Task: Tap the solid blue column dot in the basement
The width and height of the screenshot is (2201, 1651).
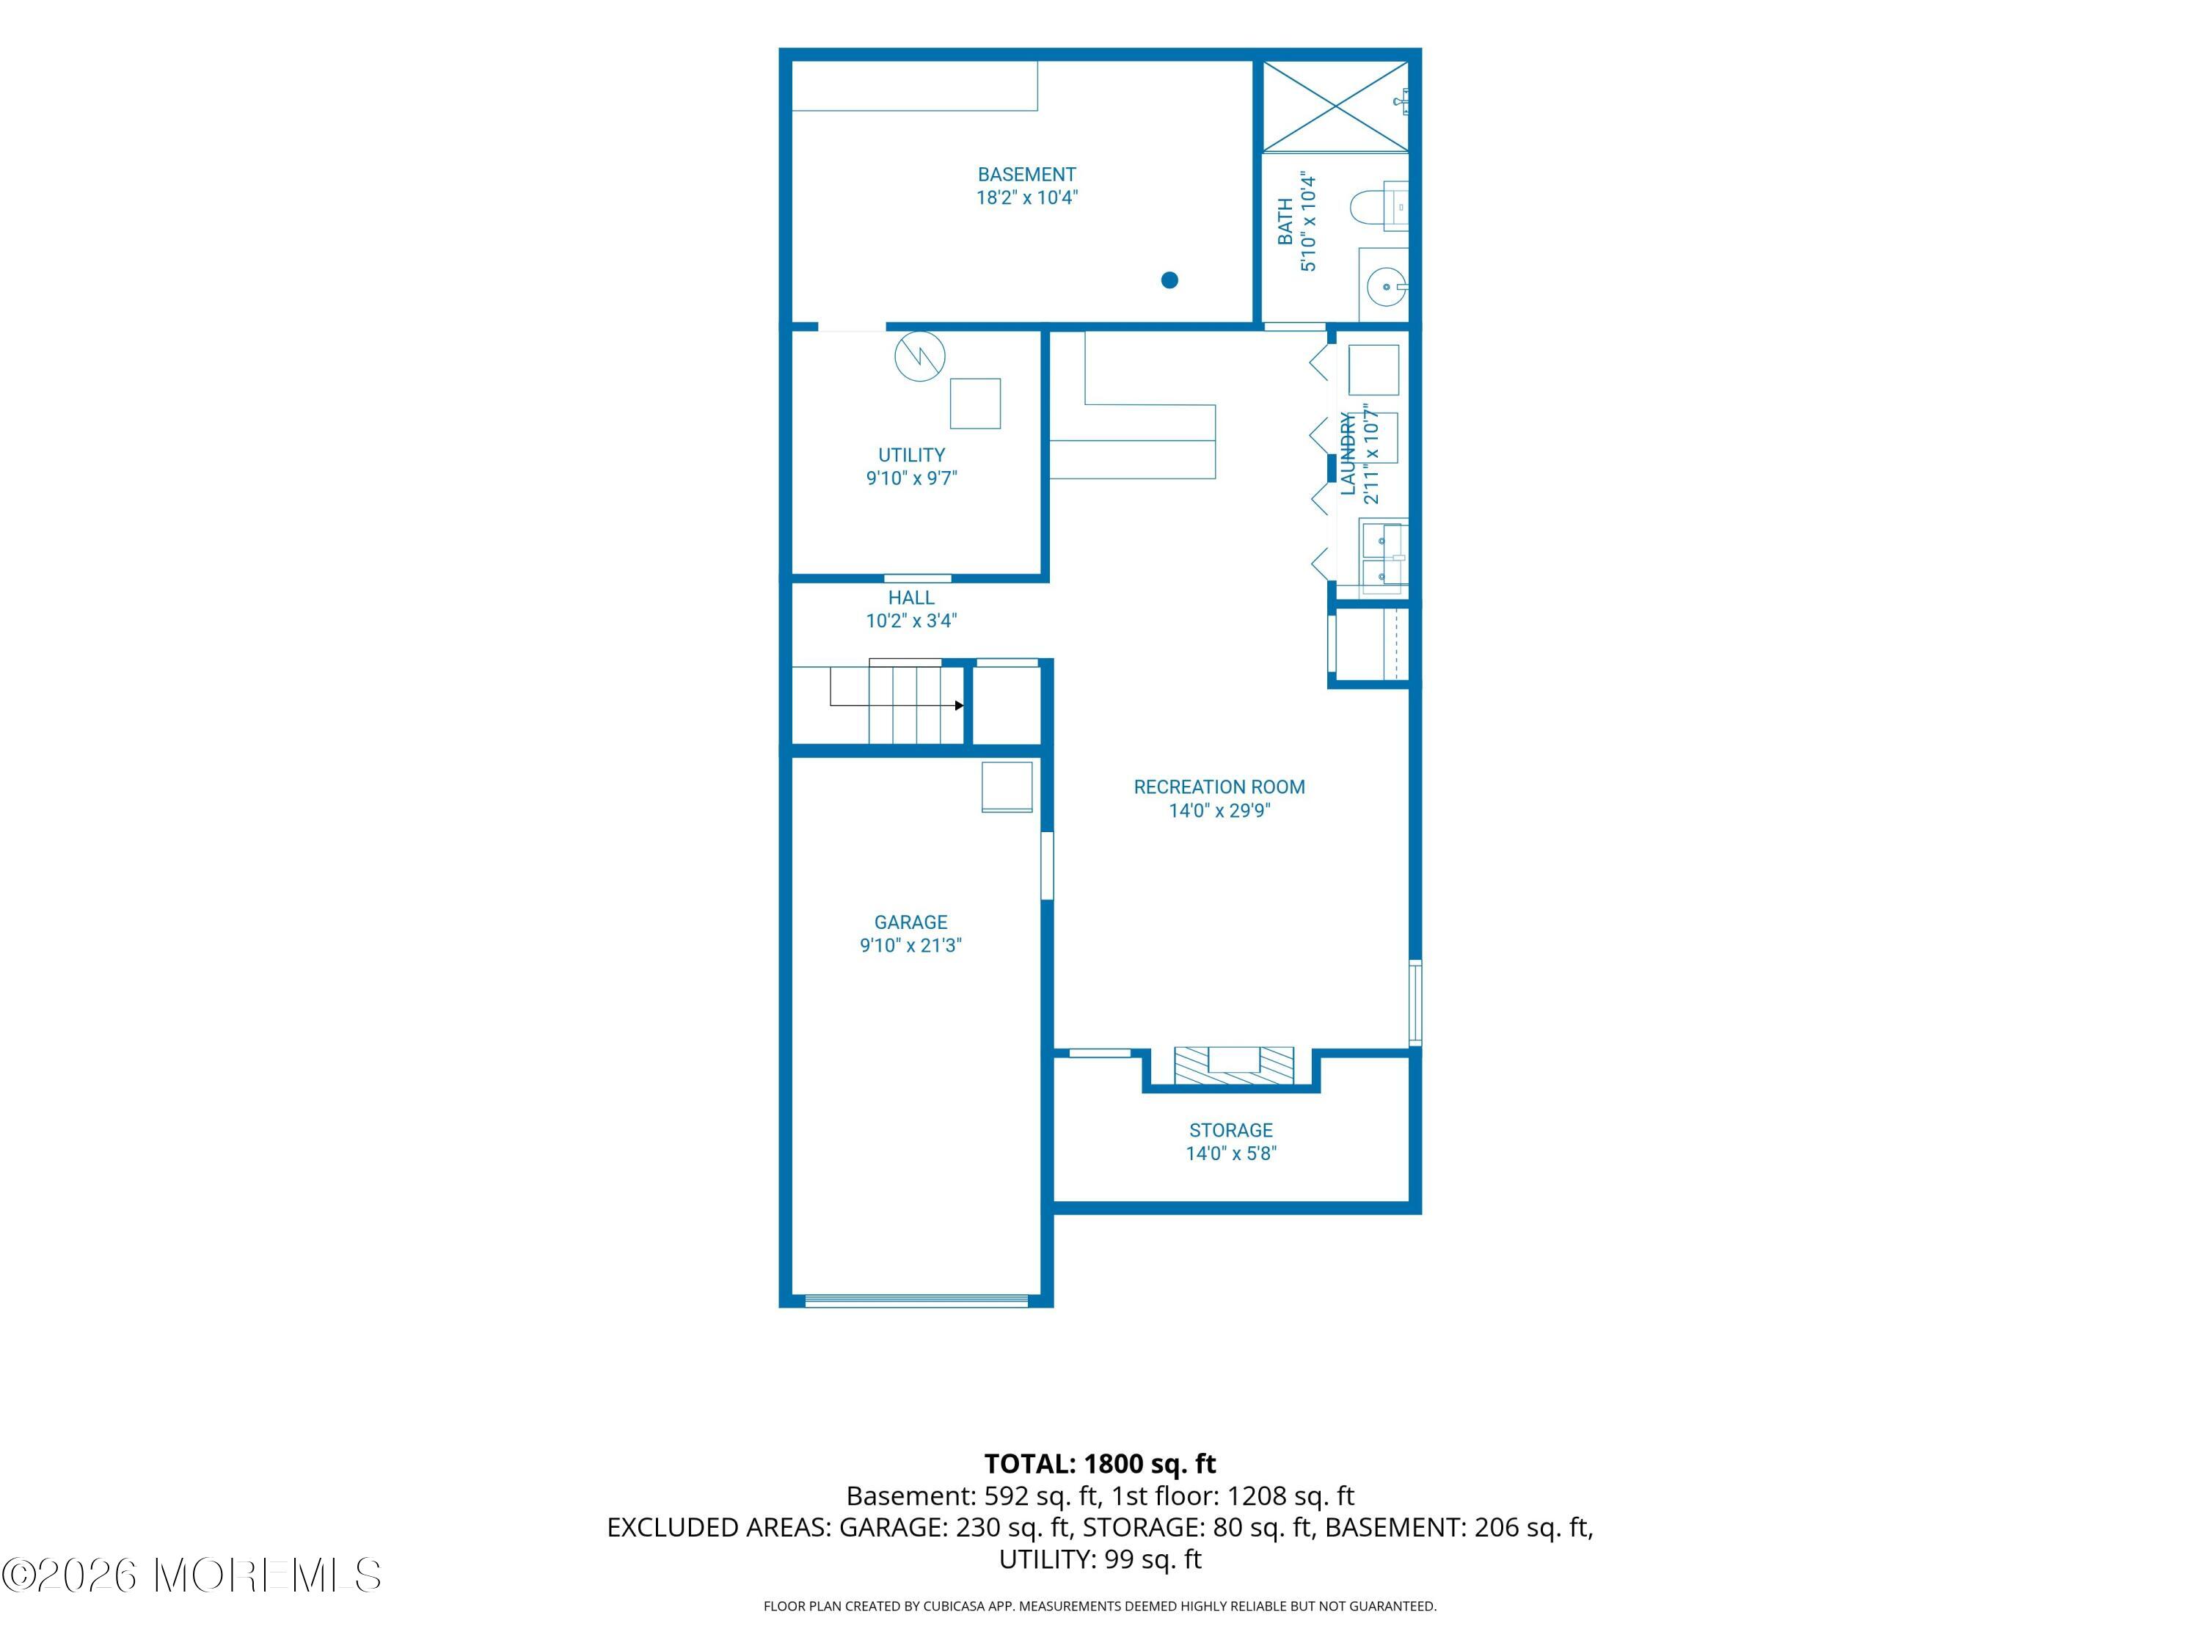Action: (x=1170, y=280)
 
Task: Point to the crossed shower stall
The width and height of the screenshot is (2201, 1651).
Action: (x=1335, y=106)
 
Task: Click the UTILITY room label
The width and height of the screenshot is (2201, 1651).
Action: (x=911, y=455)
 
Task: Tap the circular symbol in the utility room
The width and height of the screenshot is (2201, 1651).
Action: (x=919, y=357)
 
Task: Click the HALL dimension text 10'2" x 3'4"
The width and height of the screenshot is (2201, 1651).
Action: (x=911, y=621)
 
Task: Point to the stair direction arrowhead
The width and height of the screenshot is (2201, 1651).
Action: (x=959, y=706)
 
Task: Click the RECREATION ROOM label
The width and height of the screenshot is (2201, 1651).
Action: (x=1219, y=787)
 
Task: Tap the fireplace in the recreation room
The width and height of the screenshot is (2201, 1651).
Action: (x=1234, y=1065)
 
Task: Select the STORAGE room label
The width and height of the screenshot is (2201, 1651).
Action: (x=1231, y=1131)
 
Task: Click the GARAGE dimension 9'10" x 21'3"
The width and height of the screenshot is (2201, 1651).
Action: (x=910, y=945)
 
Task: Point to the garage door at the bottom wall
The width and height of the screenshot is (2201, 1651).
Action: (x=916, y=1301)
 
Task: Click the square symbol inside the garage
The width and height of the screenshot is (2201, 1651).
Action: (x=1007, y=787)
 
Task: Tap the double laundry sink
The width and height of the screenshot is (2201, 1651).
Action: (x=1383, y=557)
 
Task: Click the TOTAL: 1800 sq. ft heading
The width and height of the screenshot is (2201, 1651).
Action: (x=1100, y=1464)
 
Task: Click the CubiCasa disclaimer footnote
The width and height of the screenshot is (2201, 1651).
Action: (x=1100, y=1606)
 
